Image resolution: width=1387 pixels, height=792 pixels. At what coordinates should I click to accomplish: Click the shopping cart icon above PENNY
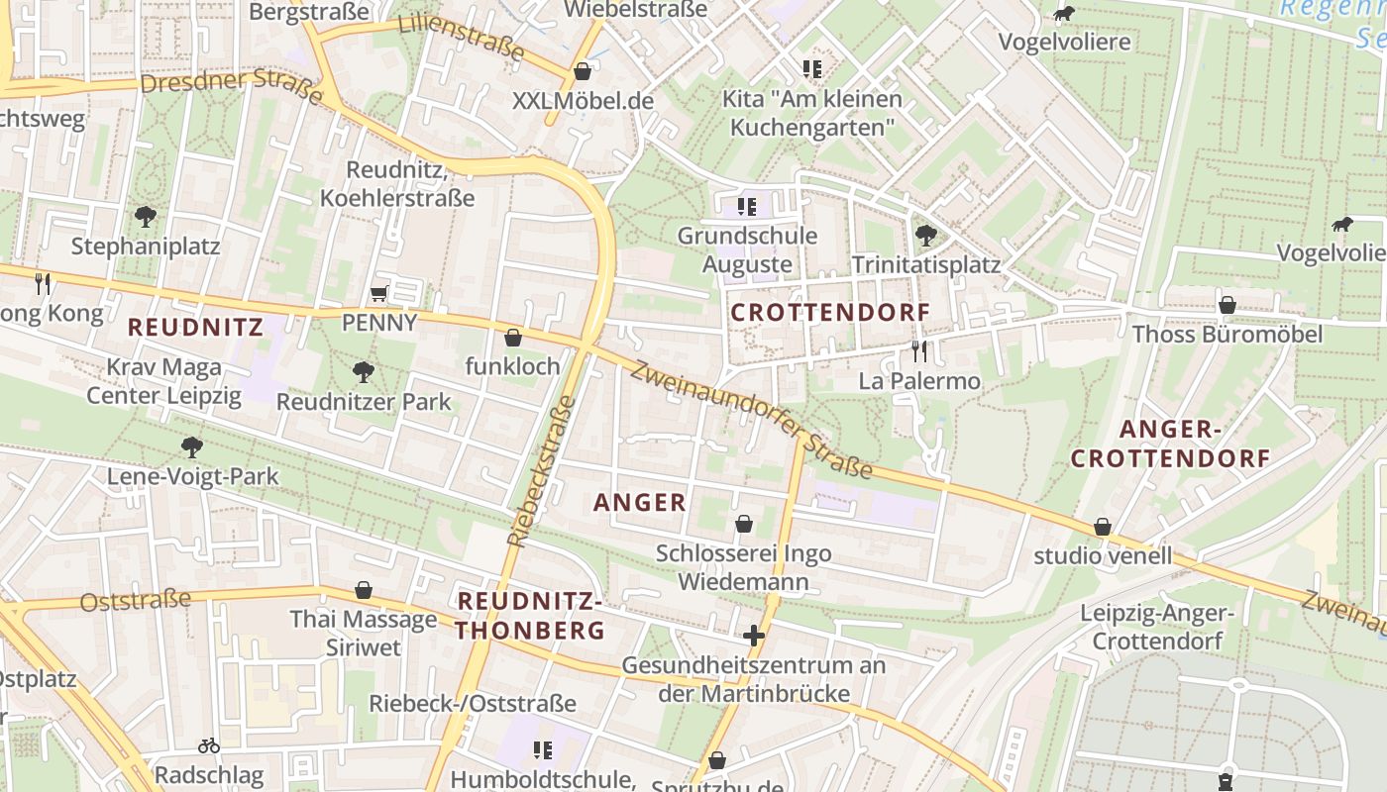pyautogui.click(x=377, y=293)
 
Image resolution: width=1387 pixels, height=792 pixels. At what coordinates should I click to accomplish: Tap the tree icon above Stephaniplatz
pyautogui.click(x=146, y=216)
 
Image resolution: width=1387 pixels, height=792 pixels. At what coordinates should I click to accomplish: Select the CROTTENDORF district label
pyautogui.click(x=830, y=313)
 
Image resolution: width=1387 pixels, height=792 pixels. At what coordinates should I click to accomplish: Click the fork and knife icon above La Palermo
pyautogui.click(x=919, y=350)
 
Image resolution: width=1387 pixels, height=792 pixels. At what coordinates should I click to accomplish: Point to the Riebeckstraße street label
pyautogui.click(x=541, y=471)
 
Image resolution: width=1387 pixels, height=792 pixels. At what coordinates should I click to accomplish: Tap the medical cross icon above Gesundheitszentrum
pyautogui.click(x=754, y=635)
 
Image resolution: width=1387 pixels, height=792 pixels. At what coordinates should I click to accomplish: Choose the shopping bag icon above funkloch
pyautogui.click(x=513, y=338)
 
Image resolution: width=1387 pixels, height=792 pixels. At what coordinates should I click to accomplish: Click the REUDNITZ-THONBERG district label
pyautogui.click(x=530, y=615)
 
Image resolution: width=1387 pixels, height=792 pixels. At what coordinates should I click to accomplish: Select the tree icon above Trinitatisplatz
pyautogui.click(x=926, y=236)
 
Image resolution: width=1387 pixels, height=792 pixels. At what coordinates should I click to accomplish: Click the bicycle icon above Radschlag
pyautogui.click(x=209, y=745)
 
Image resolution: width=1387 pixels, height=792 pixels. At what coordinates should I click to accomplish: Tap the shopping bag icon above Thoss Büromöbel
pyautogui.click(x=1227, y=305)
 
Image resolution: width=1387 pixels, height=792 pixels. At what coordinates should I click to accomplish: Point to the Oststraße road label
pyautogui.click(x=135, y=600)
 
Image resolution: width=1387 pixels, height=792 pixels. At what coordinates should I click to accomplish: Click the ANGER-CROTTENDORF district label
pyautogui.click(x=1170, y=444)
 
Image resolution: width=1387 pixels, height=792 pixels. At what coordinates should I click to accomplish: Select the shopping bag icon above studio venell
pyautogui.click(x=1103, y=527)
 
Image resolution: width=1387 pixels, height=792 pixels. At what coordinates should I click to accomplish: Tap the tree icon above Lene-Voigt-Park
pyautogui.click(x=192, y=447)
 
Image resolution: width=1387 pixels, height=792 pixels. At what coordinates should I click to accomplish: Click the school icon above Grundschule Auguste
pyautogui.click(x=747, y=207)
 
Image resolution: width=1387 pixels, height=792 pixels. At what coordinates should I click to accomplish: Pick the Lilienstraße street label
pyautogui.click(x=461, y=38)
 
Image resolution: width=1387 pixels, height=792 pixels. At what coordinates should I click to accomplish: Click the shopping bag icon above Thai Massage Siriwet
pyautogui.click(x=364, y=590)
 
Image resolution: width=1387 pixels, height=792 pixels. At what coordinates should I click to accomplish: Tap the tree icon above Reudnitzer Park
pyautogui.click(x=364, y=372)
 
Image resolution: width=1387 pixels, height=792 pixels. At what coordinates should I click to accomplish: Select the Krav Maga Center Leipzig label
pyautogui.click(x=163, y=382)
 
